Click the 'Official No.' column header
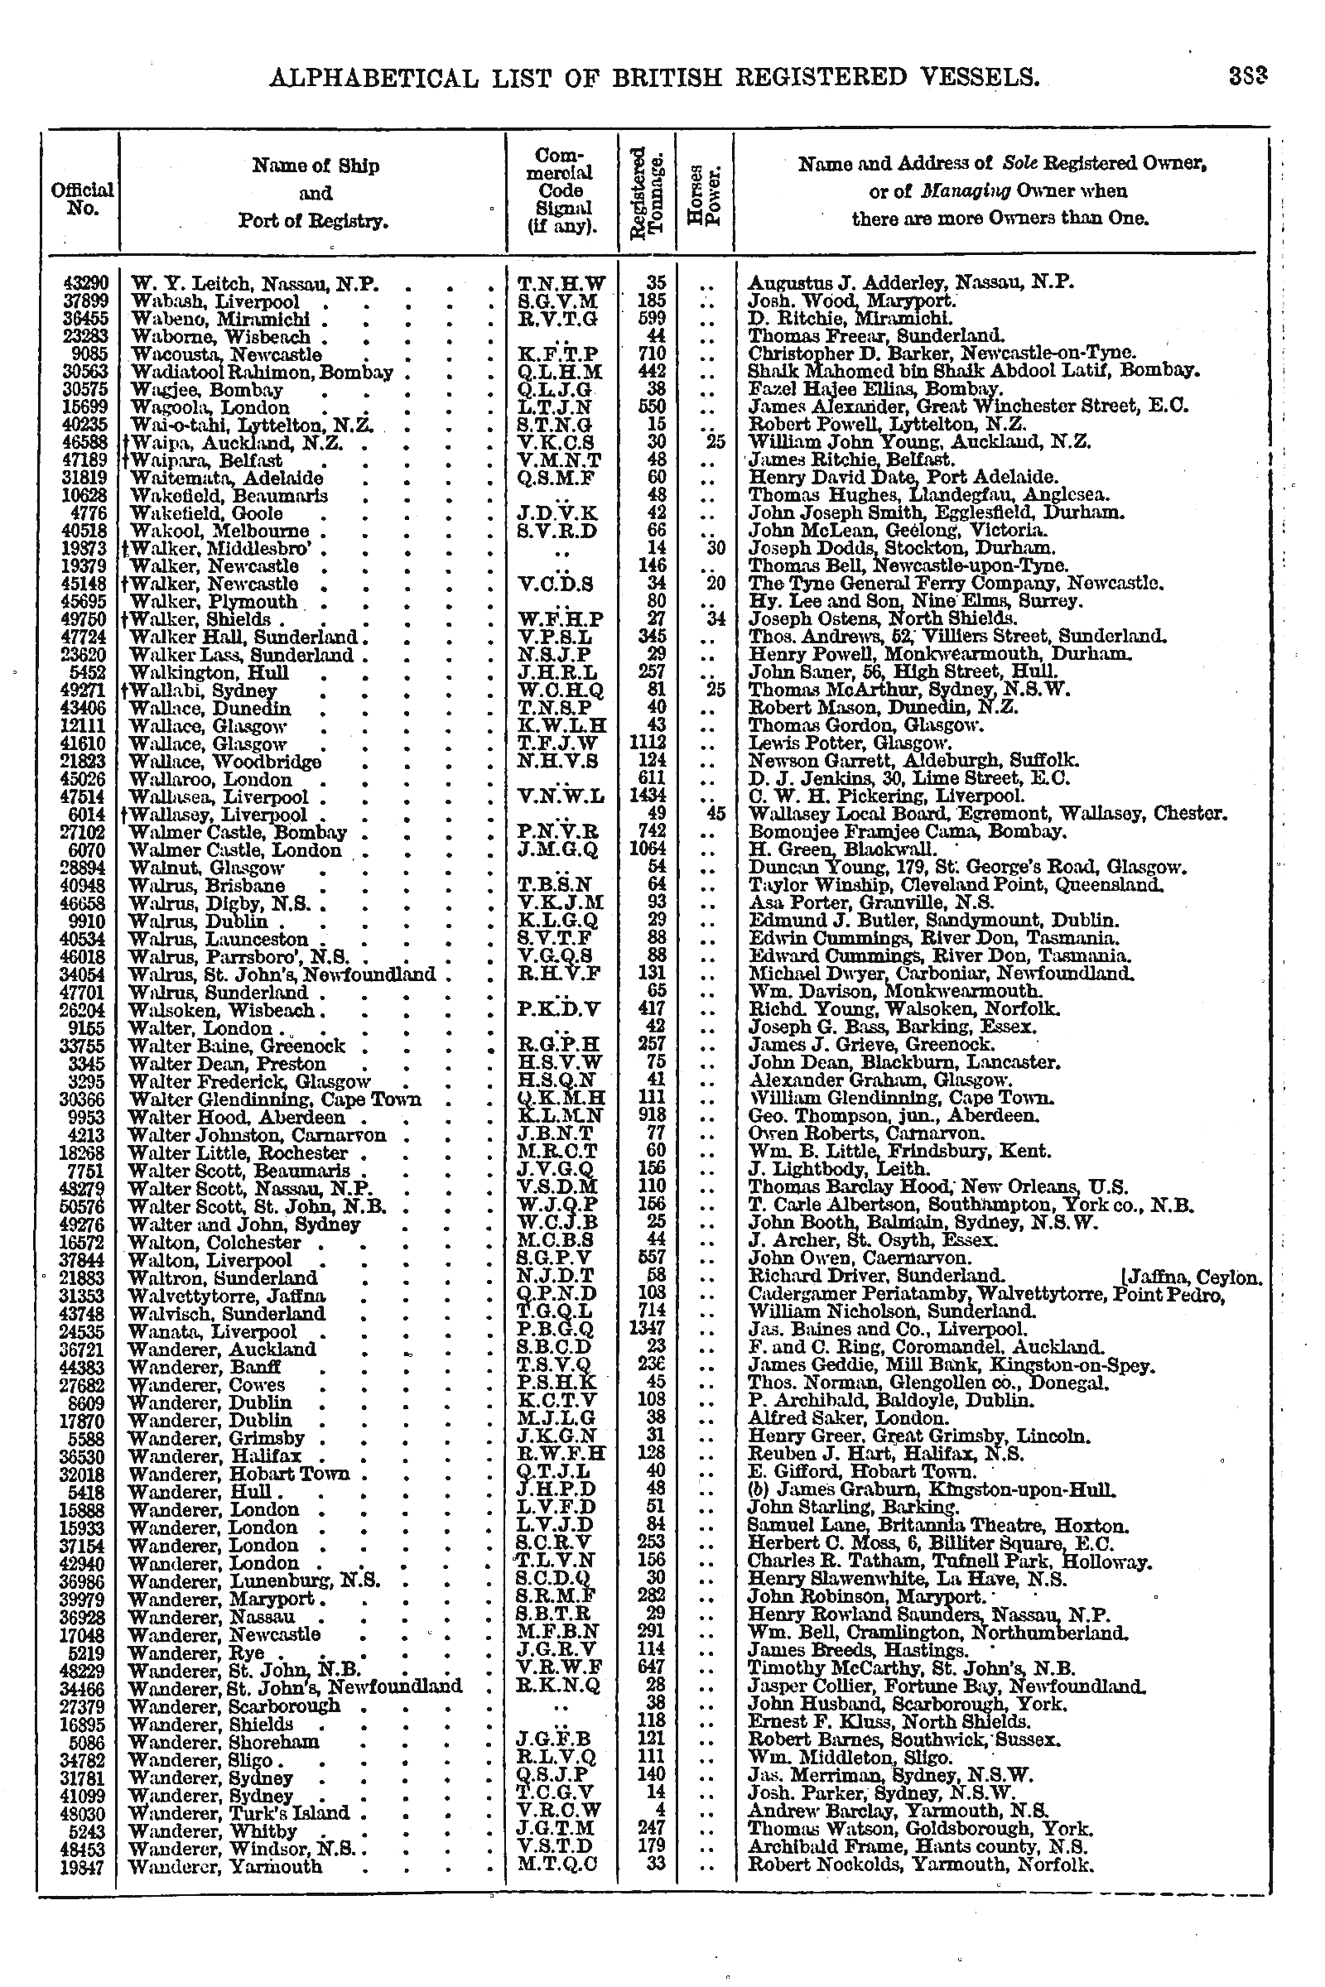[x=82, y=199]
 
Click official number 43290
[x=82, y=284]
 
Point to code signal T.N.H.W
[x=561, y=284]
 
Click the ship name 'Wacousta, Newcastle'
[x=225, y=354]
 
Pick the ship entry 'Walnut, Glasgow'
[x=207, y=868]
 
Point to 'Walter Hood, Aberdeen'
[x=224, y=1115]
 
